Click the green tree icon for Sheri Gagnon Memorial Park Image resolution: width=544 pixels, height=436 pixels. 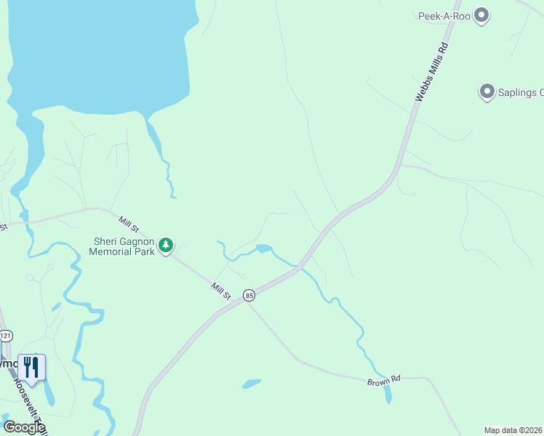click(x=167, y=246)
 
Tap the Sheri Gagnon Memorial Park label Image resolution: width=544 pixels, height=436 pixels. click(x=122, y=247)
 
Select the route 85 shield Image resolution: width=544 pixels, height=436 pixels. click(x=249, y=295)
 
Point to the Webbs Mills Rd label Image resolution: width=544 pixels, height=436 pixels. click(x=431, y=73)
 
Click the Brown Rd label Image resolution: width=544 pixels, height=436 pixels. click(x=384, y=380)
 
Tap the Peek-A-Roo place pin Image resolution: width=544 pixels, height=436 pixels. click(x=481, y=15)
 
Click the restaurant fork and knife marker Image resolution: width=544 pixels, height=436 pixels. click(x=31, y=367)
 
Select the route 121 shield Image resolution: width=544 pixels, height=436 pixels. click(x=7, y=336)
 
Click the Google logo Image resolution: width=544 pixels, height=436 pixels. click(x=24, y=427)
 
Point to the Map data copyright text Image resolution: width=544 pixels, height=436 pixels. click(x=513, y=430)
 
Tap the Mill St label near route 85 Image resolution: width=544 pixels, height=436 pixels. click(x=221, y=291)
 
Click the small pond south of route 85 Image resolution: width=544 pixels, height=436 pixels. click(x=252, y=383)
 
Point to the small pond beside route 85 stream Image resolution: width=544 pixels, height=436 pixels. click(x=263, y=249)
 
